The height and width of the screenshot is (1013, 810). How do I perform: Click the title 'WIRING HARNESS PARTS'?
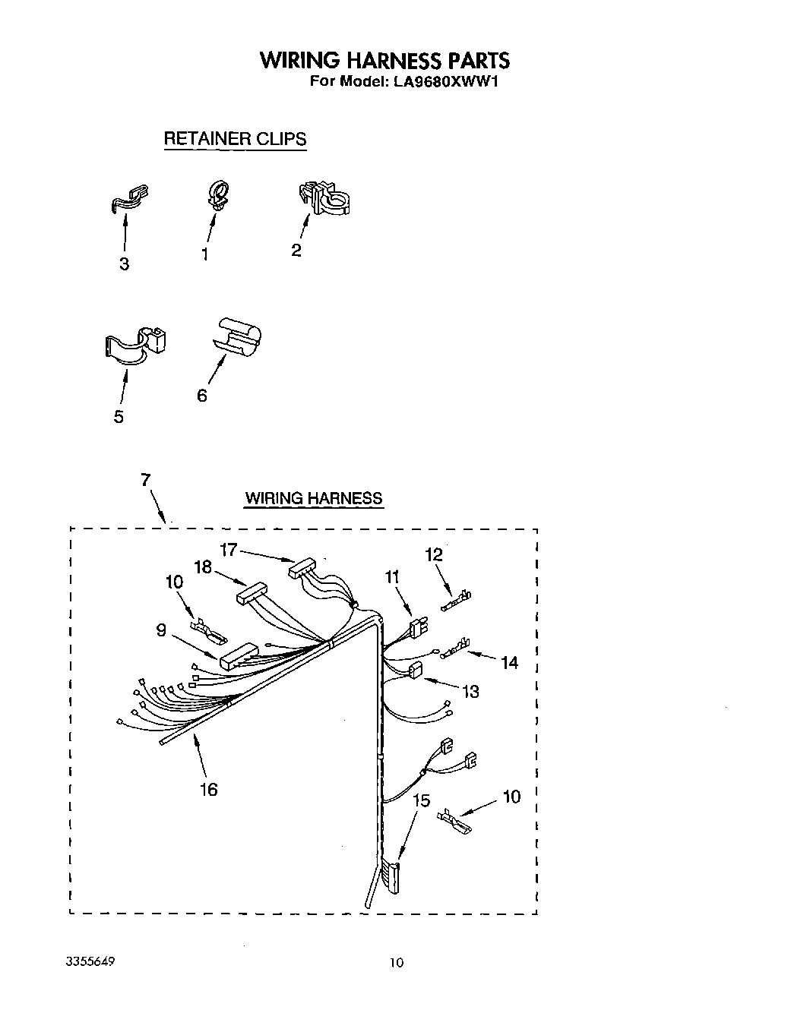pos(384,61)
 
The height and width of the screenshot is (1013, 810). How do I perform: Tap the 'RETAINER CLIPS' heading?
pos(235,139)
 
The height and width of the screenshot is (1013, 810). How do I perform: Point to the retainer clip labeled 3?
pos(128,198)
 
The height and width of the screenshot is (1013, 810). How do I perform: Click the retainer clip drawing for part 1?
pos(217,194)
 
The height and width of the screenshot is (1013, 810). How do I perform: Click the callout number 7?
pos(145,479)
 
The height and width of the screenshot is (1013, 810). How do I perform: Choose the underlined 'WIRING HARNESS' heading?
pos(313,499)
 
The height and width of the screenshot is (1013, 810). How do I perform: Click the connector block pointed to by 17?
pos(302,566)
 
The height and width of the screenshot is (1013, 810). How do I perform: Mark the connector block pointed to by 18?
pos(250,592)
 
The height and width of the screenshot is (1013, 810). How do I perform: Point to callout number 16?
pos(208,789)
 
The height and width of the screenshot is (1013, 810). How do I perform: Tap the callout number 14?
pos(509,663)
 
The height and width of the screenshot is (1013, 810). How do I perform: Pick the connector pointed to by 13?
pos(415,671)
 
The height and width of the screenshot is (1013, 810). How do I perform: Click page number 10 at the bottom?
pos(397,963)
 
